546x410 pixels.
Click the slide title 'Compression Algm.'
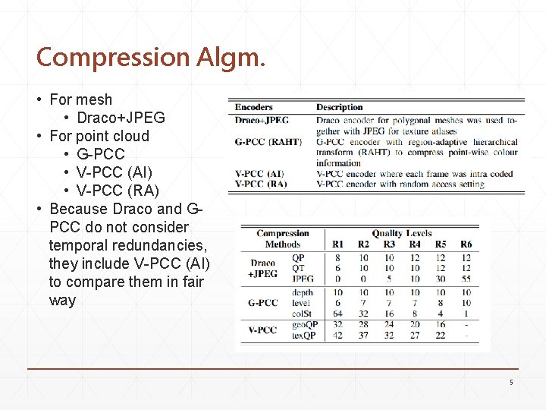click(x=150, y=57)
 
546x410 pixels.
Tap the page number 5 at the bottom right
click(x=511, y=383)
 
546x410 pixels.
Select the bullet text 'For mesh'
click(x=80, y=99)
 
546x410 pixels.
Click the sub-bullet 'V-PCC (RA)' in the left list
click(x=118, y=191)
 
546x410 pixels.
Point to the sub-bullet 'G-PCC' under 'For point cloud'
click(x=101, y=154)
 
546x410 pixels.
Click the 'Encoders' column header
click(x=253, y=107)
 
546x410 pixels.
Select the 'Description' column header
click(x=339, y=107)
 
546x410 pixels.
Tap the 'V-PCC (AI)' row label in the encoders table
click(x=259, y=174)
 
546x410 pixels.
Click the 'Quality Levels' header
click(x=401, y=234)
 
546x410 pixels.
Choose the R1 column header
click(x=337, y=244)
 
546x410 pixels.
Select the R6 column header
click(x=466, y=244)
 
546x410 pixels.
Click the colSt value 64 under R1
click(x=337, y=314)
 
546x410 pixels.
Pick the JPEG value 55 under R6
click(x=466, y=279)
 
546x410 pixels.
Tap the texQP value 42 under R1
click(x=337, y=336)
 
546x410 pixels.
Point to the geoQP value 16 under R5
click(x=441, y=325)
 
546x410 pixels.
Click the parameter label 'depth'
click(x=302, y=292)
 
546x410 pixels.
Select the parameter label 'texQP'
click(x=303, y=336)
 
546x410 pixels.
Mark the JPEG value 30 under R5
click(x=441, y=279)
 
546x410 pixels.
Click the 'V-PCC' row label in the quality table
click(x=262, y=330)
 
